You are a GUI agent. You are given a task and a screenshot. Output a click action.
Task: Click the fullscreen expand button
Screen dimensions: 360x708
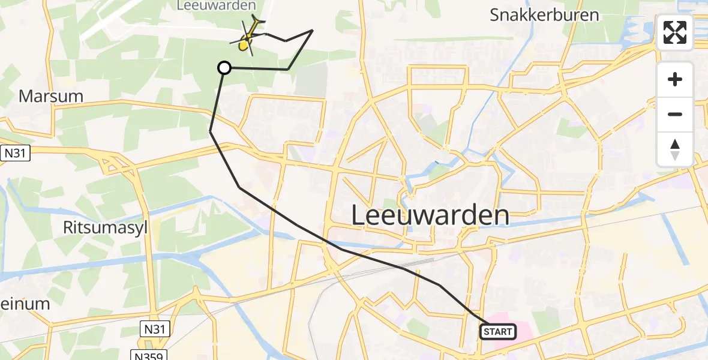coord(675,32)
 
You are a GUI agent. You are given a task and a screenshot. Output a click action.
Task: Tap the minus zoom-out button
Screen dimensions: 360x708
coord(675,114)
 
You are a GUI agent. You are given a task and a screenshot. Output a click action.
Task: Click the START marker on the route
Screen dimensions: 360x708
coord(497,331)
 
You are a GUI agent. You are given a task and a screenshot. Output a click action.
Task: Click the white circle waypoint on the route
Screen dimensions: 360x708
coord(224,68)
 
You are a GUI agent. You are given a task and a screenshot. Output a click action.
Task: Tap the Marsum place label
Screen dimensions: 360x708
coord(50,96)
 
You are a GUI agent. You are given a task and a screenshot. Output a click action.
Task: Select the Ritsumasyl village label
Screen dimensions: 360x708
coord(105,227)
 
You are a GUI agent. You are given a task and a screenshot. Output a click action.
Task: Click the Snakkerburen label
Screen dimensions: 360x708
coord(544,15)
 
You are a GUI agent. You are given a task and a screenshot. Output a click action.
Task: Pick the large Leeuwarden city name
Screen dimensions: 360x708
coord(430,215)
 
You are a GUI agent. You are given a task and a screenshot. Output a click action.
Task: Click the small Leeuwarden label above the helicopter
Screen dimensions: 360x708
coord(217,5)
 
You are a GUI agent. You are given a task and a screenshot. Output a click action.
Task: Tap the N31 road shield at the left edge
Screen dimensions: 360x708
coord(15,153)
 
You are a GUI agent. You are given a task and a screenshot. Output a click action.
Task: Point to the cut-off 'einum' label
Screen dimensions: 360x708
coord(25,304)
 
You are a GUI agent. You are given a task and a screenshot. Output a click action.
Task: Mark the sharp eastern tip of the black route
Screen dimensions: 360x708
coord(313,30)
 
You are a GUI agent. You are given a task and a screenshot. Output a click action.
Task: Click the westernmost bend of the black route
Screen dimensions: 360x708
coord(210,131)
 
